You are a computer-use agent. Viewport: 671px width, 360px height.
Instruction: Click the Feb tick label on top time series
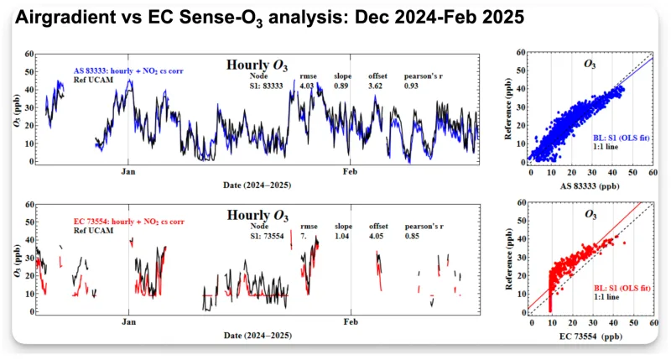350,171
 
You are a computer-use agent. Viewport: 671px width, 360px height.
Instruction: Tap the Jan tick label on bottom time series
128,322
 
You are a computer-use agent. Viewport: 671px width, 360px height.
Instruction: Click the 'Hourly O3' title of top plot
257,65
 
